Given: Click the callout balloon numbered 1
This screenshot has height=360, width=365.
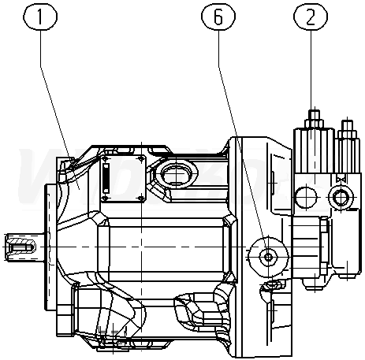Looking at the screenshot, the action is (40, 17).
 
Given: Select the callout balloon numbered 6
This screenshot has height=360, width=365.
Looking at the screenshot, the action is (218, 17).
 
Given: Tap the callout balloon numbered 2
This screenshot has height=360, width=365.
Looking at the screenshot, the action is (311, 17).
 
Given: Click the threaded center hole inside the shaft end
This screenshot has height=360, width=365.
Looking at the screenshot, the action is (21, 247).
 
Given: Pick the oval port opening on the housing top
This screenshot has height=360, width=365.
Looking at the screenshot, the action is (176, 174).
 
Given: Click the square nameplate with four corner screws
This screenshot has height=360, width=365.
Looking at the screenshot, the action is (123, 179).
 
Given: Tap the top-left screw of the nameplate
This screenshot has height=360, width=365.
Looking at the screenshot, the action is (106, 159).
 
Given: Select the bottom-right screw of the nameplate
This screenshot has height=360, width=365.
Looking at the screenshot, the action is (141, 198).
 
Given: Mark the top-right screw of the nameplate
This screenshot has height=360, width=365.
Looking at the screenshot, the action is (141, 158).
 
